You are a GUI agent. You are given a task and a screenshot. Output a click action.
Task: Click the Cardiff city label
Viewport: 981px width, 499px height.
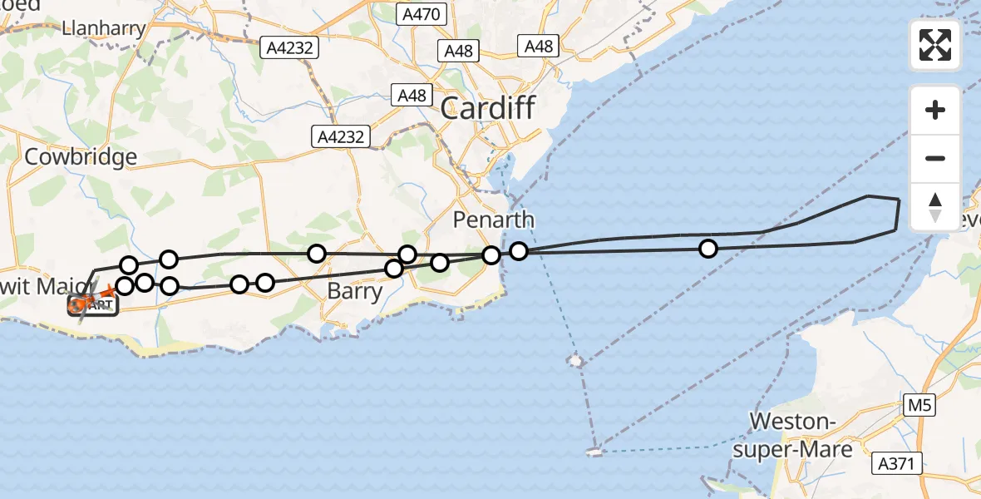tap(487, 107)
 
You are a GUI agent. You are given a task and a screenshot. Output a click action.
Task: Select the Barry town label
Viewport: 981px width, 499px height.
tap(355, 292)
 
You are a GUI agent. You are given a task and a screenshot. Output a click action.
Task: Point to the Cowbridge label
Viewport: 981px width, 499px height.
tap(81, 157)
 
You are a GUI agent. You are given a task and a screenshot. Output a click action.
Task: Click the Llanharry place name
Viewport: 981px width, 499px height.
tap(103, 28)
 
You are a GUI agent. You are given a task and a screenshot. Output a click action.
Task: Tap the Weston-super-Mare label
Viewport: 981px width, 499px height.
tap(801, 436)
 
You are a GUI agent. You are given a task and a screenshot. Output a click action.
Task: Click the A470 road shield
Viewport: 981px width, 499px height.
tap(422, 14)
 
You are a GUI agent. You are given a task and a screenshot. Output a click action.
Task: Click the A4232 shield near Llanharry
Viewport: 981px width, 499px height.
tap(290, 48)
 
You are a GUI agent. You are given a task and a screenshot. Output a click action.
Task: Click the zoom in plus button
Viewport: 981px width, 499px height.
tap(935, 110)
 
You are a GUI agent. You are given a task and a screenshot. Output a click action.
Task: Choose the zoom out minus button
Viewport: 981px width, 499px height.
tap(935, 158)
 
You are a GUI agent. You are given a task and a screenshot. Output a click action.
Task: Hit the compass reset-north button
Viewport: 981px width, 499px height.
tap(935, 206)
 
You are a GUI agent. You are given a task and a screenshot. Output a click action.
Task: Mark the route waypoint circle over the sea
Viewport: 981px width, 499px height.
tap(707, 248)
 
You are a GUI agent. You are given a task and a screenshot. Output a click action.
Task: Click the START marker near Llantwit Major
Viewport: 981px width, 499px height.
tap(93, 305)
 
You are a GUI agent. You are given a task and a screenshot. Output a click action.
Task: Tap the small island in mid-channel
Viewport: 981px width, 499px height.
tap(575, 361)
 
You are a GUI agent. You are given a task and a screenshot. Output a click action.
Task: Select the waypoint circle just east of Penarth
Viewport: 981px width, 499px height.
tap(519, 250)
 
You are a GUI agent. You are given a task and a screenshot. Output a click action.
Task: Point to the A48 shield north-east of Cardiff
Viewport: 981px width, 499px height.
tap(538, 46)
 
